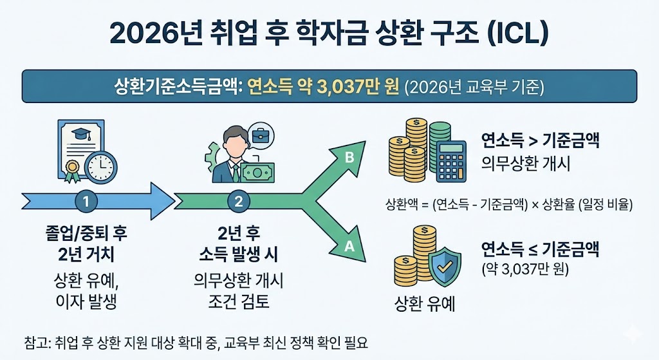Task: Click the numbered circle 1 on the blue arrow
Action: pos(86,201)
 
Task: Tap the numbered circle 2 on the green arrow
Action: pos(239,201)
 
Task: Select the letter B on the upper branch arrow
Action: pos(349,157)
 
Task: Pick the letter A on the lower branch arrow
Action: pos(349,245)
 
